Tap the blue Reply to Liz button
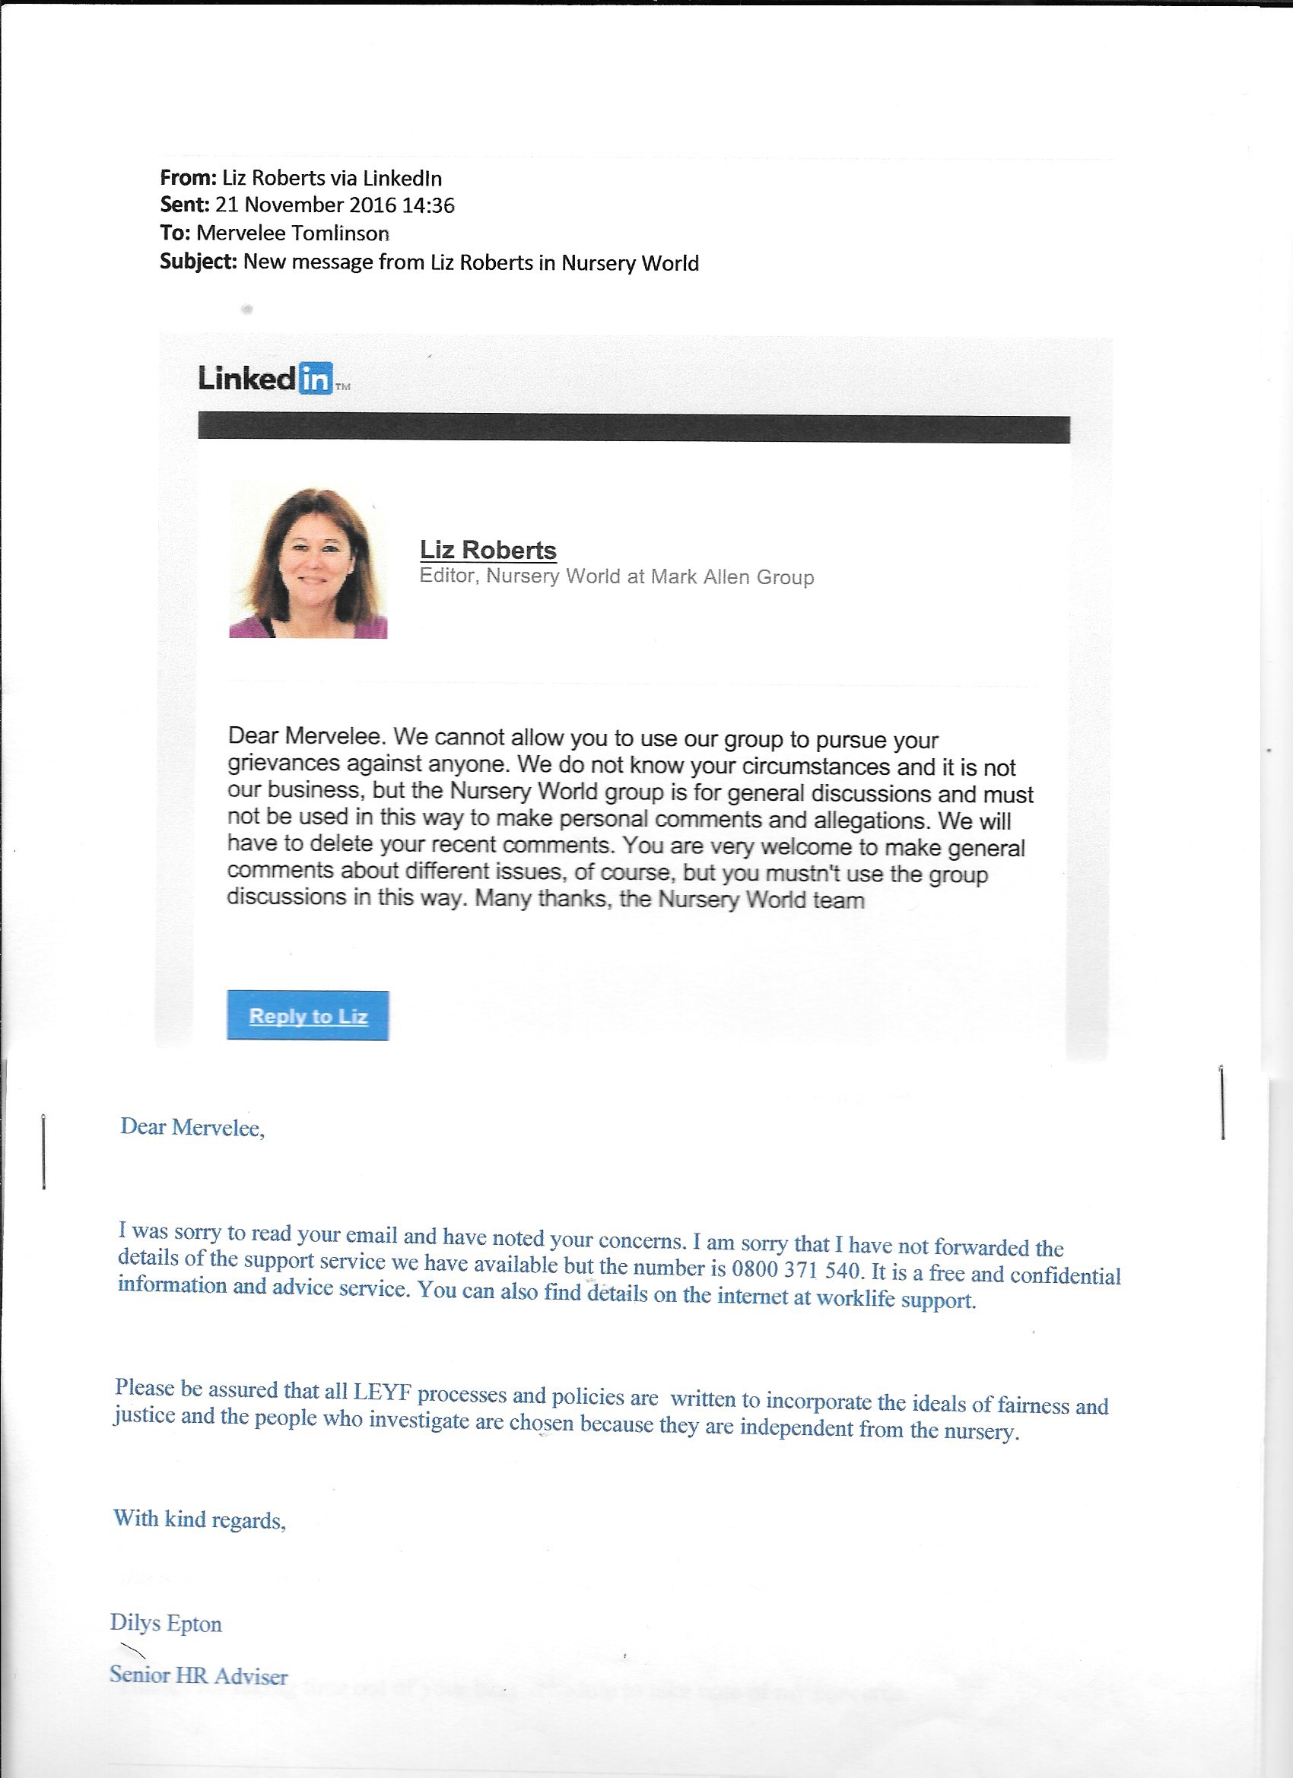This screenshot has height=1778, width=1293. (307, 1015)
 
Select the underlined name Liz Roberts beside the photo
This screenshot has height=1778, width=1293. (488, 550)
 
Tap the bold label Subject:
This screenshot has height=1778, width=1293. (199, 261)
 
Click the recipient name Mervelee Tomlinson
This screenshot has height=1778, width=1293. (293, 233)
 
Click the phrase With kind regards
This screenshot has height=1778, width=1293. (199, 1519)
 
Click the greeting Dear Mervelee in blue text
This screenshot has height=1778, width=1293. (192, 1127)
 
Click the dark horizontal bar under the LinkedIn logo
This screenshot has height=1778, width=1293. (634, 428)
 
